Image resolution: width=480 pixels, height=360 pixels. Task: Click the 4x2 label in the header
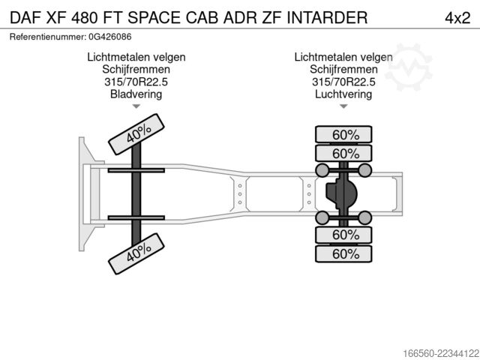[457, 18]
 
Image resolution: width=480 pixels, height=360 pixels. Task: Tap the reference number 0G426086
[110, 37]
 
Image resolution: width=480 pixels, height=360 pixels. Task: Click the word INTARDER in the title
[327, 18]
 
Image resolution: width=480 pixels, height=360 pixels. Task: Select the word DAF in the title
[25, 18]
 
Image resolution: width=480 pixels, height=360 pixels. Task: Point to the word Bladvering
[136, 94]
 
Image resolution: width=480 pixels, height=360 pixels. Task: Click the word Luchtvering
[343, 94]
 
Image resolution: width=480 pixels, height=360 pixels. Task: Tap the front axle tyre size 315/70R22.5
[136, 82]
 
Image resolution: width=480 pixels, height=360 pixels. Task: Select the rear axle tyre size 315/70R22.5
[343, 82]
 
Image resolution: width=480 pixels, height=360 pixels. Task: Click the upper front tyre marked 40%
[136, 134]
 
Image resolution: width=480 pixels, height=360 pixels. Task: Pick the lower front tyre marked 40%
[136, 253]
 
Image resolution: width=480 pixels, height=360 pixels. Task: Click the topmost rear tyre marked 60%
[343, 134]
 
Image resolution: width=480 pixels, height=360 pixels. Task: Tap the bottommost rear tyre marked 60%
[343, 253]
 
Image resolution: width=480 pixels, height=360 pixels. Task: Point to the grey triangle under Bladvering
[136, 106]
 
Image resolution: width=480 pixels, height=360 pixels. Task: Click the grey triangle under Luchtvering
[343, 106]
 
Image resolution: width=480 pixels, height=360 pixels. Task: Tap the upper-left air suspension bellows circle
[322, 170]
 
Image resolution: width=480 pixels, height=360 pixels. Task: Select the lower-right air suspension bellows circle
[365, 218]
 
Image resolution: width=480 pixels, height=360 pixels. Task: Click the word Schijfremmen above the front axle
[136, 70]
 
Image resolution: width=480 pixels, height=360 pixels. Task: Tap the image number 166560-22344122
[441, 353]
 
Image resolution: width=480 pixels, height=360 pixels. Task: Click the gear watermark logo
[408, 67]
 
